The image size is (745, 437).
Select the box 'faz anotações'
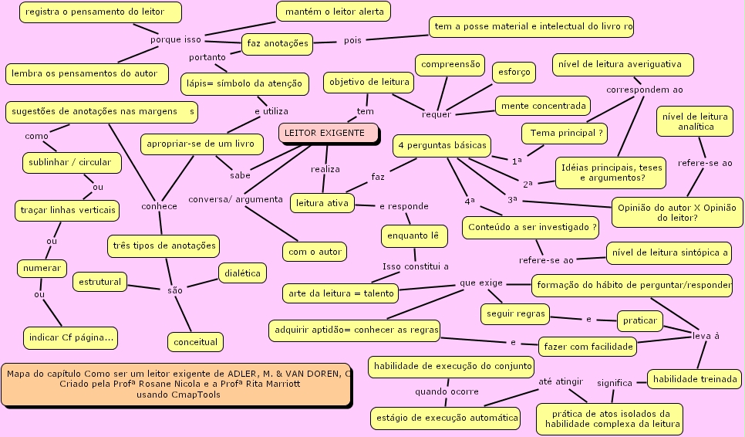pyautogui.click(x=277, y=43)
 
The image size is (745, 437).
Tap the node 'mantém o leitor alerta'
pyautogui.click(x=334, y=12)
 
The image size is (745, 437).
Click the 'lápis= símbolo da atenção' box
pyautogui.click(x=244, y=83)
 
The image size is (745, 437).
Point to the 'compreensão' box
pyautogui.click(x=450, y=65)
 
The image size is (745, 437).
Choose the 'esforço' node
pyautogui.click(x=514, y=72)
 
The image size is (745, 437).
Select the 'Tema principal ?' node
pyautogui.click(x=565, y=133)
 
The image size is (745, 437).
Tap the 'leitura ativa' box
pyautogui.click(x=322, y=204)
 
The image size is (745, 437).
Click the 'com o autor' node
pyautogui.click(x=314, y=252)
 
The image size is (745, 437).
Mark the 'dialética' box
pyautogui.click(x=243, y=273)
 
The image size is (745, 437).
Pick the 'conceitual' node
pyautogui.click(x=195, y=341)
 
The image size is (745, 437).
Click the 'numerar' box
pyautogui.click(x=42, y=268)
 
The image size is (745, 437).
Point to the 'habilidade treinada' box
pyautogui.click(x=694, y=379)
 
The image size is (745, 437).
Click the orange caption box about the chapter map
pyautogui.click(x=177, y=384)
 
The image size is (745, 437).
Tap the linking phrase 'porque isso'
pyautogui.click(x=176, y=39)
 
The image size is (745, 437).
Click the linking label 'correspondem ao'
pyautogui.click(x=644, y=90)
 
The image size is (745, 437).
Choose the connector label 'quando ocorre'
pyautogui.click(x=447, y=391)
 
